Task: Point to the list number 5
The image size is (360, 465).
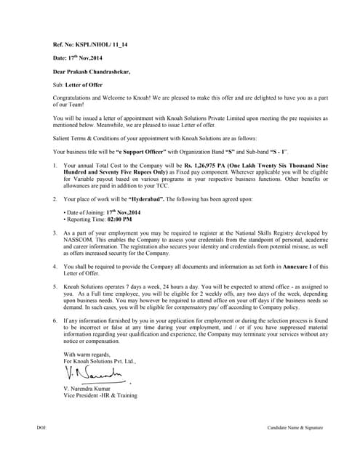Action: point(55,288)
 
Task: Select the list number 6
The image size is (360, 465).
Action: point(55,320)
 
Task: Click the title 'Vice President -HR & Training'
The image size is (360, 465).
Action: point(100,396)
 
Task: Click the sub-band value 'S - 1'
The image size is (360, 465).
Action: point(276,151)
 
